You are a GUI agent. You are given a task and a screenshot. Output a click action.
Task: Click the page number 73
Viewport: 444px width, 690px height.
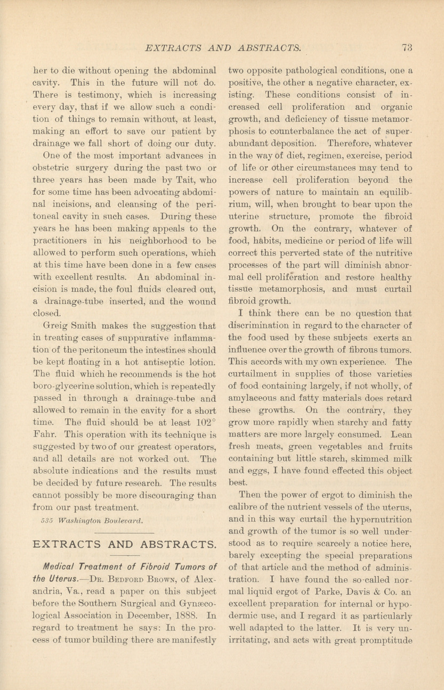[x=408, y=47]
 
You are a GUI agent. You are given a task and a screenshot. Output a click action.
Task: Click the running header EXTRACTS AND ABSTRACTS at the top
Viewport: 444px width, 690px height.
[x=223, y=47]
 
